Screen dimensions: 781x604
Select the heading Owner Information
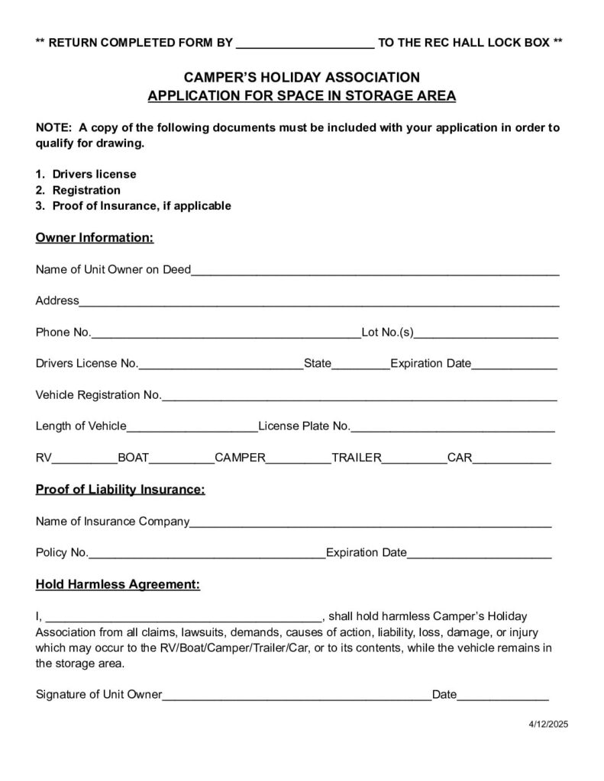(x=95, y=238)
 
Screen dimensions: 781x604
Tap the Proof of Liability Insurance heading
(x=120, y=489)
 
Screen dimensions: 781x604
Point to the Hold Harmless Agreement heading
(x=118, y=585)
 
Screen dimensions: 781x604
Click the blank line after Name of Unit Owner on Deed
(x=375, y=271)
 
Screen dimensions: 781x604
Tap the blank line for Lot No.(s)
(x=486, y=334)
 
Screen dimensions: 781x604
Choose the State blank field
(x=360, y=365)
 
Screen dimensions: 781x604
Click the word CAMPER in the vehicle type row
(x=240, y=458)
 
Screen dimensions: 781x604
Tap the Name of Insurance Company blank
(x=370, y=524)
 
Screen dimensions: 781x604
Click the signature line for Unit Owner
(x=297, y=696)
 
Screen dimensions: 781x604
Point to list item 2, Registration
(x=86, y=190)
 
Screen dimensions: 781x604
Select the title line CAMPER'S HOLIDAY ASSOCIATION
(x=302, y=77)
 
